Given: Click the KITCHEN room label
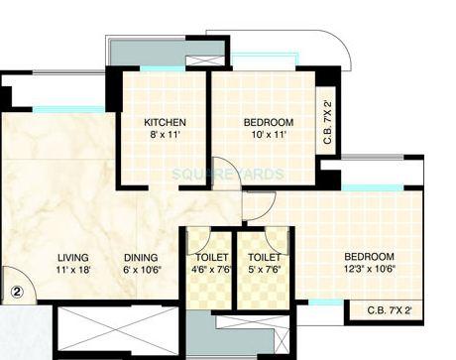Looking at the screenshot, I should pyautogui.click(x=165, y=123).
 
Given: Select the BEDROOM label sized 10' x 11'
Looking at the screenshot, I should pyautogui.click(x=267, y=123).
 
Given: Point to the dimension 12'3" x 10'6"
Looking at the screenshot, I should pyautogui.click(x=369, y=270).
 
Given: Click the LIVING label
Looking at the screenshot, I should pyautogui.click(x=74, y=256).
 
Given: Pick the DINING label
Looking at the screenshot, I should pyautogui.click(x=141, y=256).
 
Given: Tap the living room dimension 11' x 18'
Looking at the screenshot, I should pyautogui.click(x=74, y=269).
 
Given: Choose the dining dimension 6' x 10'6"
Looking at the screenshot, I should pyautogui.click(x=141, y=269).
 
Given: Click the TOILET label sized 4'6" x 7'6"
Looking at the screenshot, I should pyautogui.click(x=205, y=256).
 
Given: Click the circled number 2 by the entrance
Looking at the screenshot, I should pyautogui.click(x=17, y=293).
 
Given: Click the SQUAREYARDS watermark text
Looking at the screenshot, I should pyautogui.click(x=228, y=174).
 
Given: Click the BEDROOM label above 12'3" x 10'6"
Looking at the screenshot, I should pyautogui.click(x=369, y=256).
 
